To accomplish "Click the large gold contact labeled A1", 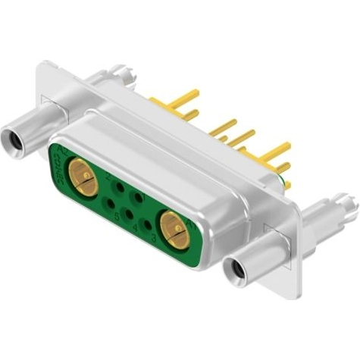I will (175, 230).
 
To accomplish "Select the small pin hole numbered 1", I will (136, 198).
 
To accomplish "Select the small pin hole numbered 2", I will (119, 187).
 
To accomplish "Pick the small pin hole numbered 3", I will (147, 224).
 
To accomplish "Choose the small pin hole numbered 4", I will (129, 214).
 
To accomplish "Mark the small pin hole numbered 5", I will (111, 202).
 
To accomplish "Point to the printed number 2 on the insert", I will (108, 177).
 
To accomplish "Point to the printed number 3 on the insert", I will (154, 239).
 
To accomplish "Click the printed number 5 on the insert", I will (117, 218).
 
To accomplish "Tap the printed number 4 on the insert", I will (135, 228).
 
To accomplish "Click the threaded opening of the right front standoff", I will (235, 268).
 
